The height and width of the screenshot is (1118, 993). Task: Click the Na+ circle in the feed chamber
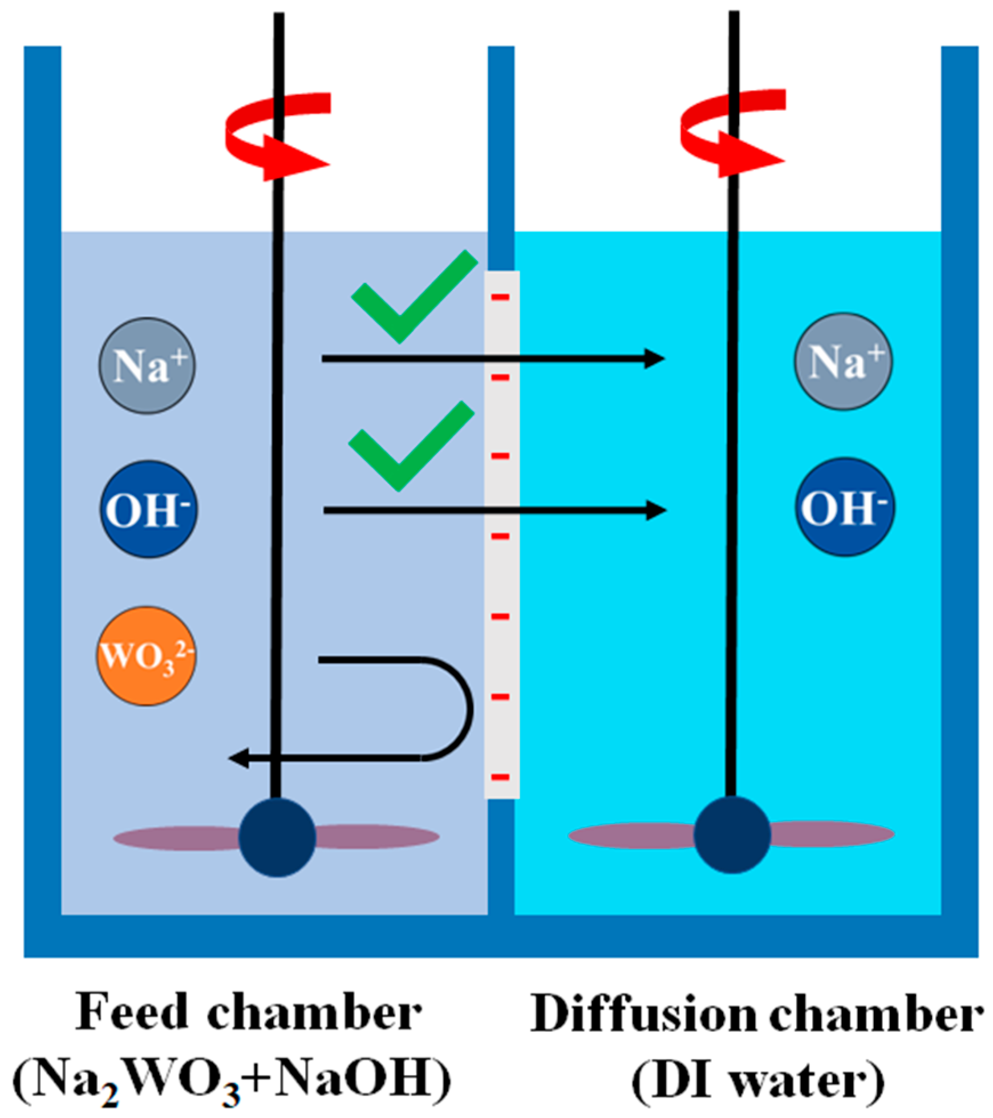click(x=147, y=366)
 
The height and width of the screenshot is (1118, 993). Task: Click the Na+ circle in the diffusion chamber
click(x=843, y=361)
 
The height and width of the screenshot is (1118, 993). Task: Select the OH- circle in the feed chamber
click(x=149, y=509)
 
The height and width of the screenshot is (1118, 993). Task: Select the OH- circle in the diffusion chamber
click(x=845, y=507)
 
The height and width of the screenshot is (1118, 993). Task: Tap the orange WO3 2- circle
click(x=147, y=656)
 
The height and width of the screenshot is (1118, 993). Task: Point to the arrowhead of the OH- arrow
click(x=656, y=510)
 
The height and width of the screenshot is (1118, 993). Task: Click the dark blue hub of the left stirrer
click(x=277, y=837)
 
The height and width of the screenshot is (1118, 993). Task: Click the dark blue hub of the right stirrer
click(x=732, y=835)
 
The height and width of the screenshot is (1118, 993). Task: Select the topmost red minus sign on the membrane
click(x=500, y=297)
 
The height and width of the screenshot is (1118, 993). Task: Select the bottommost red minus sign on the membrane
click(x=500, y=777)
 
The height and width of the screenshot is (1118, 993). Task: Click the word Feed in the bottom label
click(x=132, y=1012)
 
